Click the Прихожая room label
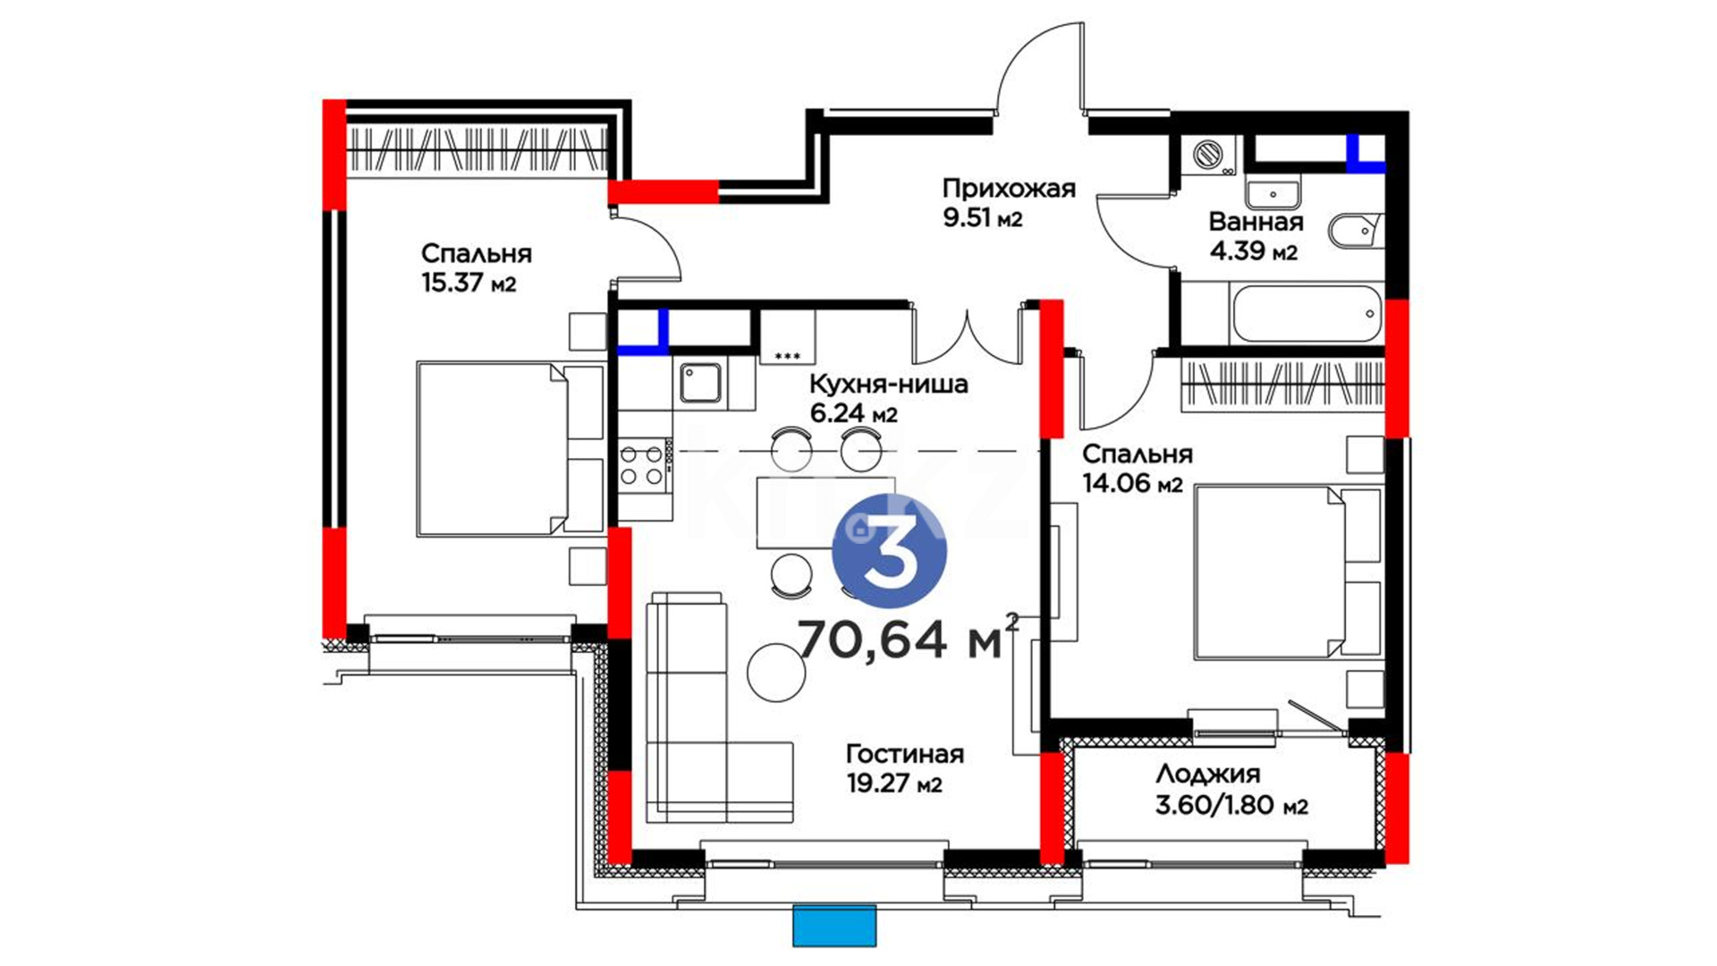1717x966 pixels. coord(1009,189)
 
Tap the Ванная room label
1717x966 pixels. coord(1256,222)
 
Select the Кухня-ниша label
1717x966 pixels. coord(888,385)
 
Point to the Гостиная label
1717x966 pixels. coord(905,754)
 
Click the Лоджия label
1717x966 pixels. coord(1207,775)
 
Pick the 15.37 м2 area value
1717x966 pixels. coord(469,284)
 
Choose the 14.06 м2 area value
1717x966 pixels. coord(1132,484)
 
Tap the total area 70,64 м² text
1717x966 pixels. coord(907,638)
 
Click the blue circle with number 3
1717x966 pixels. coord(889,551)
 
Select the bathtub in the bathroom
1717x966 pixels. coord(1307,314)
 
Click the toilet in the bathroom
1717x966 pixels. coord(1356,232)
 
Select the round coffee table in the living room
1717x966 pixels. coord(776,673)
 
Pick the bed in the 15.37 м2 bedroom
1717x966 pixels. coord(510,449)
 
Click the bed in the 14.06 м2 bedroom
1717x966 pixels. coord(1288,572)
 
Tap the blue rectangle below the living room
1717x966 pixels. coord(834,926)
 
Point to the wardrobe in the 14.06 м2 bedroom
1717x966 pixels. coord(1282,386)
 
